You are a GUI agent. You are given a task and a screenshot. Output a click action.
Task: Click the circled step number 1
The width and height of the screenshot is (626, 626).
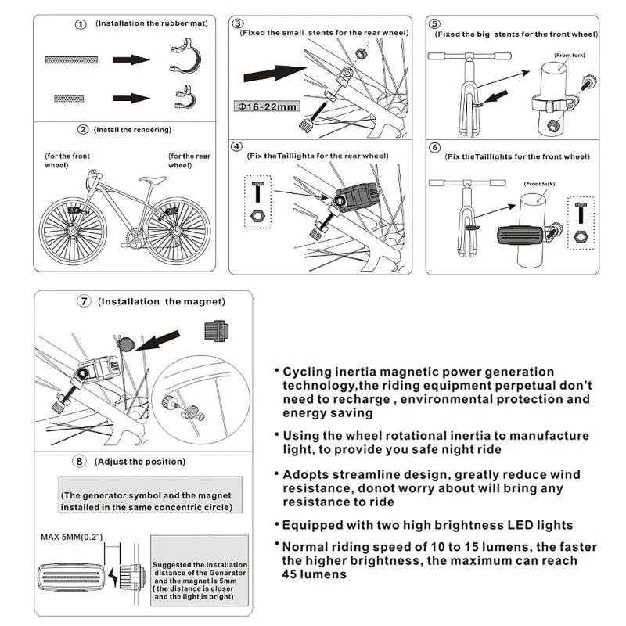coord(81,25)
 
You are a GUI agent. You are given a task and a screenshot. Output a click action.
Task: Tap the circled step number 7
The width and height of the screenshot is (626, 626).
coord(84,301)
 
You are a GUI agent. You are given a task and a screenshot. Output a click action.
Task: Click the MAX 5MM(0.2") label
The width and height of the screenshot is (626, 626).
coord(72,538)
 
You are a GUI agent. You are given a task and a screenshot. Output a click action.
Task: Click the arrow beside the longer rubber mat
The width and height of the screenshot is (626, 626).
coord(130,59)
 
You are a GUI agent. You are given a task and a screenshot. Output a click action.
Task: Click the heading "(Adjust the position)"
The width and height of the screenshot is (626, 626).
coord(140,462)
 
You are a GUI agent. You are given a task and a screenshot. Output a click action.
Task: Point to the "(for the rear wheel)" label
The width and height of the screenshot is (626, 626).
coord(189,160)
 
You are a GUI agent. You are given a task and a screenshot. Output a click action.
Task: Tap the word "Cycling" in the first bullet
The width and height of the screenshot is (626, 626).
coord(307,372)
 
